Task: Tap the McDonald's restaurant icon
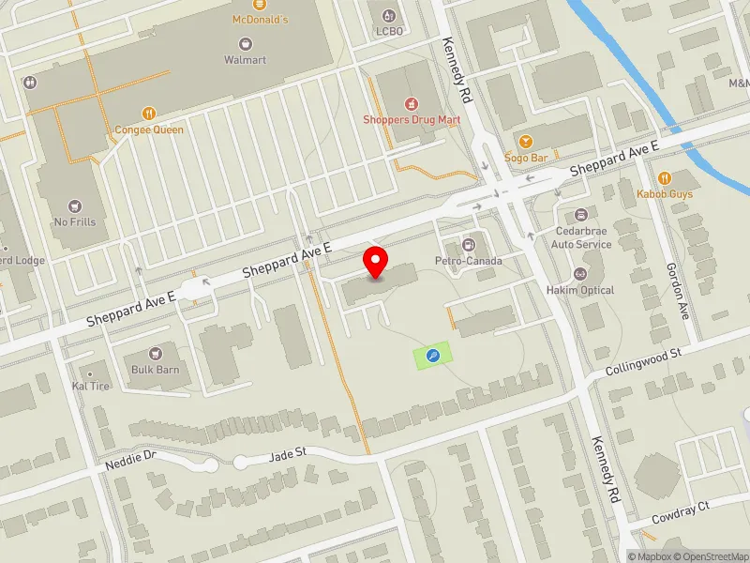pos(246,4)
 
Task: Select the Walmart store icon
pos(246,43)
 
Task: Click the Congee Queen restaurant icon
pos(149,114)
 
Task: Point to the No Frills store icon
pos(76,205)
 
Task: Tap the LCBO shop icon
pos(388,16)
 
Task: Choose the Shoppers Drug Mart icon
pos(411,103)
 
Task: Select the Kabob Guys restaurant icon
pos(665,177)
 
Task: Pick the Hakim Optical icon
pos(580,274)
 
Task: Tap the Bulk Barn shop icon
pos(155,354)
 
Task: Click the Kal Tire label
pos(91,386)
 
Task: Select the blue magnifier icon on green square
pos(432,355)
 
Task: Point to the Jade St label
pos(288,452)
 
